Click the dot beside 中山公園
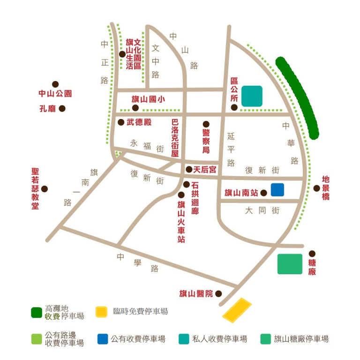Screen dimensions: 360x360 tap(55, 84)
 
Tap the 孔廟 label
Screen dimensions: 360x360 tap(48, 109)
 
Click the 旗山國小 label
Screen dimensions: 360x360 tap(148, 99)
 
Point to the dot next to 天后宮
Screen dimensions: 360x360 tap(189, 169)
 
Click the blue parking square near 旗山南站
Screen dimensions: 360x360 tap(277, 189)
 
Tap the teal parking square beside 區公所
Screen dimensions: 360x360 tap(252, 96)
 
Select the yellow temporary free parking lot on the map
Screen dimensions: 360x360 tap(237, 310)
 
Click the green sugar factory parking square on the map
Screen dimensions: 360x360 tap(290, 264)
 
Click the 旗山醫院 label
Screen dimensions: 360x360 tap(196, 294)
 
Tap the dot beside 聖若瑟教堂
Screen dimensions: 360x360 tap(45, 189)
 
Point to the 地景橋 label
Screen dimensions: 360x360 tap(326, 188)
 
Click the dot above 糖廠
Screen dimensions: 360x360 tap(312, 253)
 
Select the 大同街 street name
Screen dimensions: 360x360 tap(262, 210)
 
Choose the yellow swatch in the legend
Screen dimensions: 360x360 tap(102, 312)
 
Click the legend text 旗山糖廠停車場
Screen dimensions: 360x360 tap(301, 339)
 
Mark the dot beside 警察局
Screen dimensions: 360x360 tap(206, 124)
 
